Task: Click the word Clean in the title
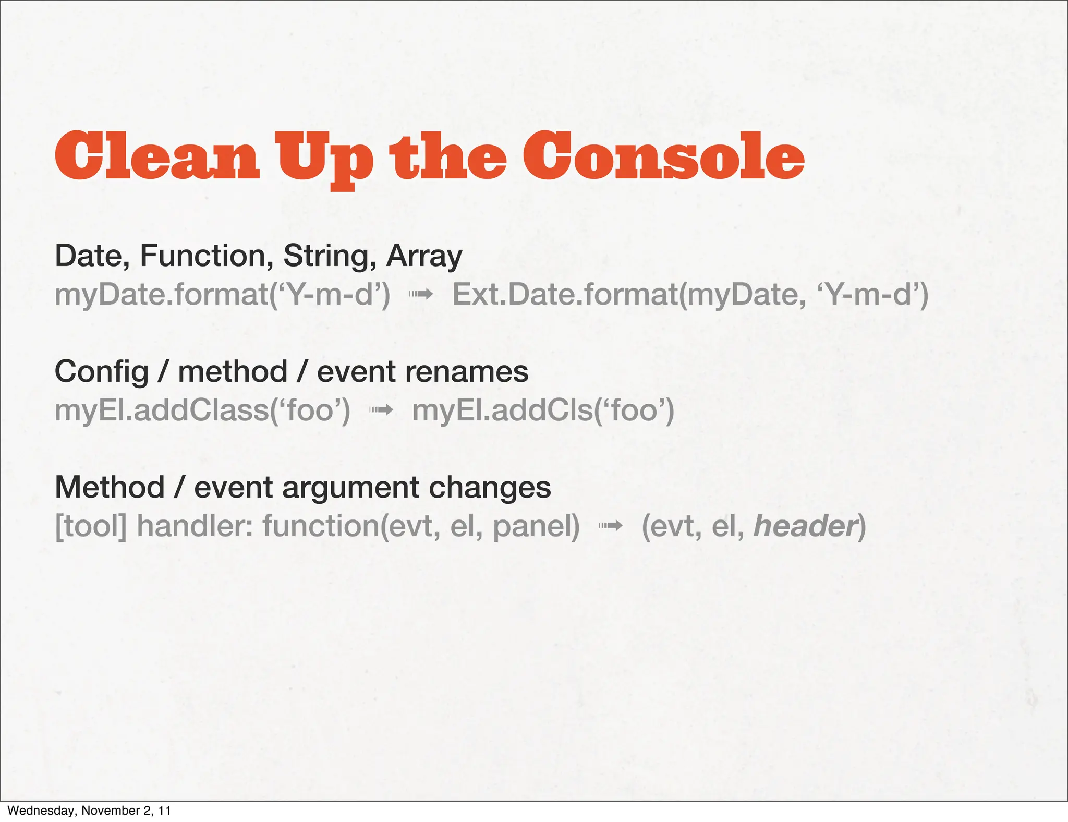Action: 156,156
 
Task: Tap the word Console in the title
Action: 663,156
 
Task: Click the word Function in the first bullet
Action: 207,256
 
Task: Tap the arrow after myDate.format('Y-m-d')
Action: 421,295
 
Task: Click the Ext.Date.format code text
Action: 689,295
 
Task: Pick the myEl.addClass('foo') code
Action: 202,410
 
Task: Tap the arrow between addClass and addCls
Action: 381,410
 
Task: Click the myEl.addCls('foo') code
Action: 543,410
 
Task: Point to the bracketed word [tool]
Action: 91,526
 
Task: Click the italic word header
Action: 805,526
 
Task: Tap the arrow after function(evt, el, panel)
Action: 610,526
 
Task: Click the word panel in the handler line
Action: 536,526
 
